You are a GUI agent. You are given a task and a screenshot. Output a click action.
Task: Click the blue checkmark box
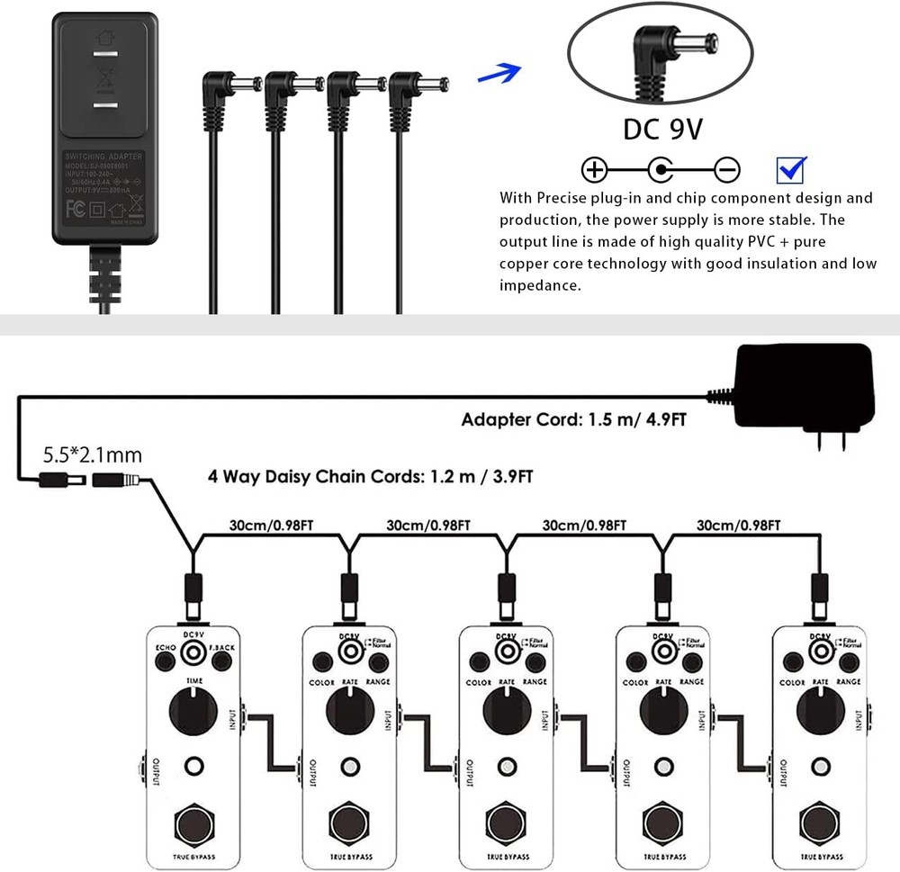791,169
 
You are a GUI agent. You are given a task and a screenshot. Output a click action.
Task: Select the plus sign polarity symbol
595,169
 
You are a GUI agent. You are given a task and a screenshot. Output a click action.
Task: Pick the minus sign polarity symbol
727,169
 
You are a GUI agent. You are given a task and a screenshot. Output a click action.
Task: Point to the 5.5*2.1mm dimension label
92,455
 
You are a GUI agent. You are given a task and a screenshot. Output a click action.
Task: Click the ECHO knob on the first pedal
165,663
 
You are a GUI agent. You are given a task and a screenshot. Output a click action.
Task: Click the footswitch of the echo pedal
193,822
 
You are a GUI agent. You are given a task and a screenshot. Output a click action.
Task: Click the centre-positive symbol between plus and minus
661,169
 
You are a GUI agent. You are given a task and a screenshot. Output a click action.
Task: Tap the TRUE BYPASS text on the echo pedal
193,856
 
